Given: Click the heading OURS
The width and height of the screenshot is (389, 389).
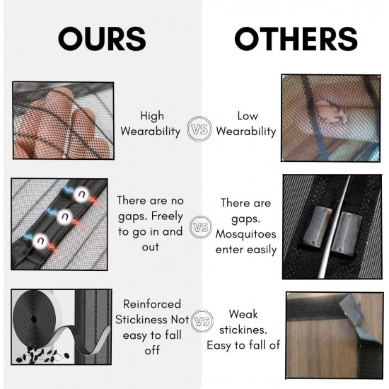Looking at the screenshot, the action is click(x=102, y=39).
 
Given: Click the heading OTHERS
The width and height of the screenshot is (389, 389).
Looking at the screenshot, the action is click(x=296, y=39).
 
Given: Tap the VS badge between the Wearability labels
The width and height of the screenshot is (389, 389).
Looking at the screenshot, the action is click(x=199, y=129).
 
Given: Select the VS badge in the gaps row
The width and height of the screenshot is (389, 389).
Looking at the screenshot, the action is click(x=201, y=227).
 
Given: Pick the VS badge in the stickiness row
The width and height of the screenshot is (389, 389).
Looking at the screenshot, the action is click(x=202, y=321).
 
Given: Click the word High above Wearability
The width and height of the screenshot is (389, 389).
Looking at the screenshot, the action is click(x=152, y=116).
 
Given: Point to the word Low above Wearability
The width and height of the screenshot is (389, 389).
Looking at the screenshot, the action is click(x=248, y=116).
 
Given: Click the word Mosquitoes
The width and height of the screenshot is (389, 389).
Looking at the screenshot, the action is click(x=245, y=234).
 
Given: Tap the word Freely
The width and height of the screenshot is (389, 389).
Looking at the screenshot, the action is click(x=167, y=216).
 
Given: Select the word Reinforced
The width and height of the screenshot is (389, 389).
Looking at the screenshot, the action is click(x=152, y=304).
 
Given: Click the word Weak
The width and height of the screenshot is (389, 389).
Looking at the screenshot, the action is click(x=243, y=314).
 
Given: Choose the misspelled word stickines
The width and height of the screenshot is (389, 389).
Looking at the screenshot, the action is click(x=243, y=330).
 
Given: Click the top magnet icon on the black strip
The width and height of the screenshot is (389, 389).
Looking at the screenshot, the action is click(x=81, y=194).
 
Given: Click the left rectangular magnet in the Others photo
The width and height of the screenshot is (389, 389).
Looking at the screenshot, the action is click(x=315, y=225).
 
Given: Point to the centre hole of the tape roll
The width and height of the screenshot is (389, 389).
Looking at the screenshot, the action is click(x=34, y=320).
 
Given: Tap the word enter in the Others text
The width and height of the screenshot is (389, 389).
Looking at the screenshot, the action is click(x=229, y=250).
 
